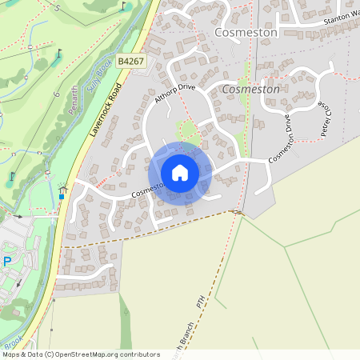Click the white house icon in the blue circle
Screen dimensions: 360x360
click(180, 172)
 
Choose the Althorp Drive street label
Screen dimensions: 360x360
click(174, 94)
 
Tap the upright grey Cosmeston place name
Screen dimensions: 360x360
click(246, 33)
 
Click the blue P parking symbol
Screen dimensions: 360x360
click(7, 262)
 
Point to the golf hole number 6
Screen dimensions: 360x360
click(57, 94)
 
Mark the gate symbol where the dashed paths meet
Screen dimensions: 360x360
click(238, 212)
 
